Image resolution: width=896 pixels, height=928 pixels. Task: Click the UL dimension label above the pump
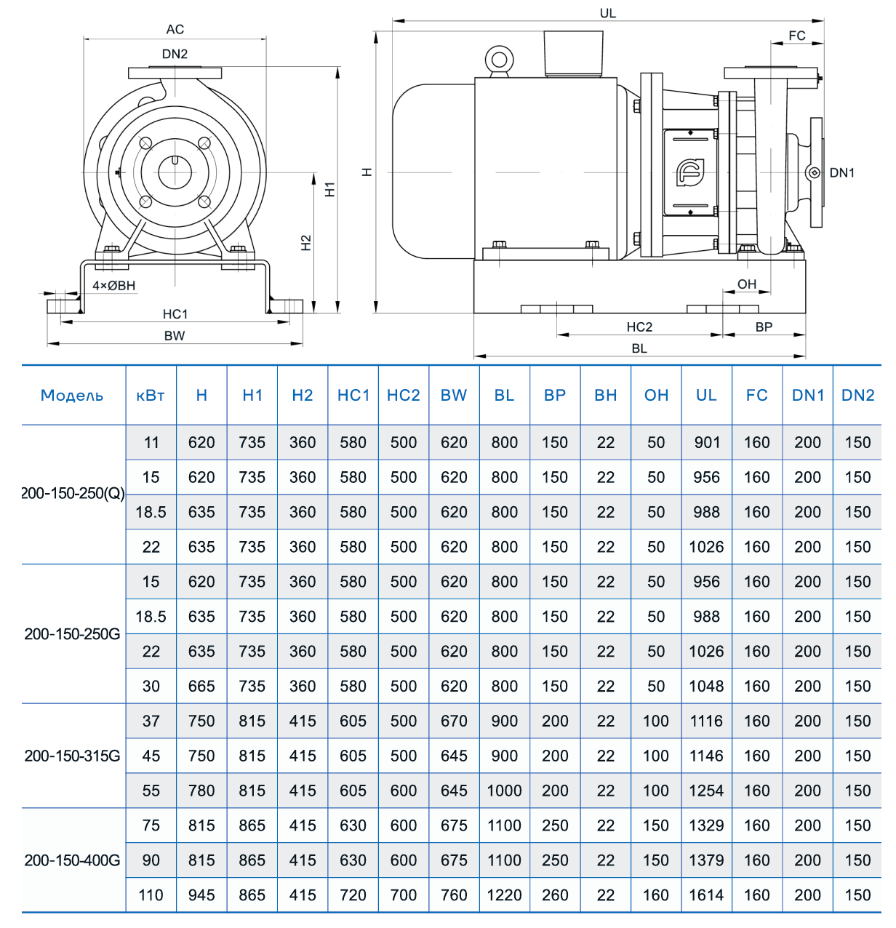click(x=607, y=13)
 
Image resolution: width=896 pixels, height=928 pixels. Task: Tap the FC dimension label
click(x=796, y=36)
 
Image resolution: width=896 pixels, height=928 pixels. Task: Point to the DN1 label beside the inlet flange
click(x=841, y=173)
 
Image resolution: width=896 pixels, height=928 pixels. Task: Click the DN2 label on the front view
click(x=175, y=54)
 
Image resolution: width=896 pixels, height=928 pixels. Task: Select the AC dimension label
click(x=175, y=29)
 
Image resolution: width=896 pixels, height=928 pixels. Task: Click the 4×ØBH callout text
click(x=113, y=286)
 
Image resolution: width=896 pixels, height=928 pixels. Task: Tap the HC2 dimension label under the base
click(x=639, y=327)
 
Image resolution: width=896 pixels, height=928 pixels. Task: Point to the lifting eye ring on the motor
click(x=500, y=58)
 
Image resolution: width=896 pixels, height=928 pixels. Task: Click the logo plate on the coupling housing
click(x=689, y=172)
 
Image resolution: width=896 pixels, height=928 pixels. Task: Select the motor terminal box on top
click(x=574, y=53)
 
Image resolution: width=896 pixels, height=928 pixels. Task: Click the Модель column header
click(x=72, y=396)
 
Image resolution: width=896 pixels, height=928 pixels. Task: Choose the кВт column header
click(x=151, y=396)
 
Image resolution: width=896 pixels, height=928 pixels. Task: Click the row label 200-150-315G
click(x=72, y=756)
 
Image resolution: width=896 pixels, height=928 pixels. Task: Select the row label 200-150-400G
click(x=72, y=860)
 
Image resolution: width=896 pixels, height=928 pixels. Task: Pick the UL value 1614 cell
click(x=706, y=895)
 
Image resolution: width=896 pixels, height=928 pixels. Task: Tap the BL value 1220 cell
click(x=504, y=895)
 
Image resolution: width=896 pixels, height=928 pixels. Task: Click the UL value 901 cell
click(x=706, y=442)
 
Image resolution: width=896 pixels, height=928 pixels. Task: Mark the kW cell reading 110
click(x=151, y=895)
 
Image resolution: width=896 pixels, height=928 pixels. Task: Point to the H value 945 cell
click(x=201, y=895)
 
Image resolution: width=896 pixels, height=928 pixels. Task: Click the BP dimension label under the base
click(x=764, y=327)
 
